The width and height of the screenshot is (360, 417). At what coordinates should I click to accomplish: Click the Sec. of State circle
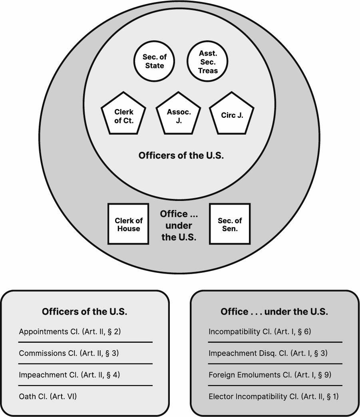click(x=155, y=61)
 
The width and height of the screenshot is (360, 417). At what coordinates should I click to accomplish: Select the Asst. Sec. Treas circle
click(x=208, y=62)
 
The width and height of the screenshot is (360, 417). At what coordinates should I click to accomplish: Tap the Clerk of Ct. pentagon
click(x=123, y=115)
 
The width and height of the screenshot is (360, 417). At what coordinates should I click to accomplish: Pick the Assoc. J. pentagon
click(x=179, y=115)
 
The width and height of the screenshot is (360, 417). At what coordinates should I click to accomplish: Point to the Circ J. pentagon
click(x=232, y=115)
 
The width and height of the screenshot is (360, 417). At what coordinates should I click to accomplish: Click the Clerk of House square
click(x=128, y=224)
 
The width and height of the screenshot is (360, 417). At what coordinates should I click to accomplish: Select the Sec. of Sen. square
click(x=230, y=224)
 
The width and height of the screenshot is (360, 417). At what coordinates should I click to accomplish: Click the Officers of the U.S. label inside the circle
click(x=181, y=155)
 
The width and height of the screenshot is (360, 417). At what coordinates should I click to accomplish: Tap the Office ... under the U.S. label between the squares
click(x=179, y=225)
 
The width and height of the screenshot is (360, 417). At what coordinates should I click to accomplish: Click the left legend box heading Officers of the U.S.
click(x=85, y=312)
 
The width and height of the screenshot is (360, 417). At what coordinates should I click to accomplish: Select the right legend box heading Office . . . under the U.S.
click(x=274, y=312)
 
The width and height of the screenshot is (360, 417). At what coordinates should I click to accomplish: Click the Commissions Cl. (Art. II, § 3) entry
click(x=69, y=353)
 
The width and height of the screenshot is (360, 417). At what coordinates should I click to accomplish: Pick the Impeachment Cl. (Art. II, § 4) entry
click(x=69, y=375)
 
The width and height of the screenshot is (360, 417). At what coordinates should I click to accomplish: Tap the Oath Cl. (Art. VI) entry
click(x=48, y=396)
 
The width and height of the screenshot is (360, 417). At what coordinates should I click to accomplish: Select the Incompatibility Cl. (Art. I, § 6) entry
click(x=260, y=332)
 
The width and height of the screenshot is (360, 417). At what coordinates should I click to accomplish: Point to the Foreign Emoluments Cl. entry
click(x=270, y=375)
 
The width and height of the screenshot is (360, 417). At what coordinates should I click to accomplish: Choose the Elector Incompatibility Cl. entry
click(x=273, y=396)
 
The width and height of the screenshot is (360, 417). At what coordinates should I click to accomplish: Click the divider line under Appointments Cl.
click(x=85, y=342)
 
